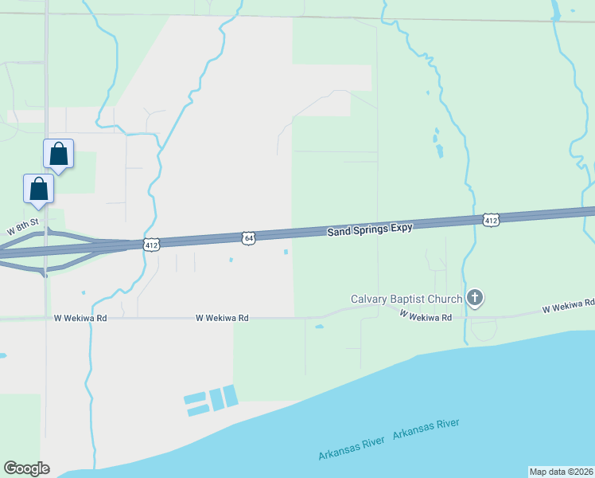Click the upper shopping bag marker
(58, 153)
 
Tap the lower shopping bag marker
(38, 189)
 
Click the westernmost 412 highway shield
(152, 244)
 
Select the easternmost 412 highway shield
(491, 220)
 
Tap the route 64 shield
(249, 237)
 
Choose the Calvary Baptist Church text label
(406, 300)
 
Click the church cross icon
(475, 299)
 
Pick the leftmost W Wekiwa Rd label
(80, 318)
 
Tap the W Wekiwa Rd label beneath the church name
(426, 317)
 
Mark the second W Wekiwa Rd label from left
(222, 318)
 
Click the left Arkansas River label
(352, 448)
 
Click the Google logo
(26, 468)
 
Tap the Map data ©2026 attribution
(561, 472)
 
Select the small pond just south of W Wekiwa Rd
(319, 327)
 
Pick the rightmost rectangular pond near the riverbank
(230, 396)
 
